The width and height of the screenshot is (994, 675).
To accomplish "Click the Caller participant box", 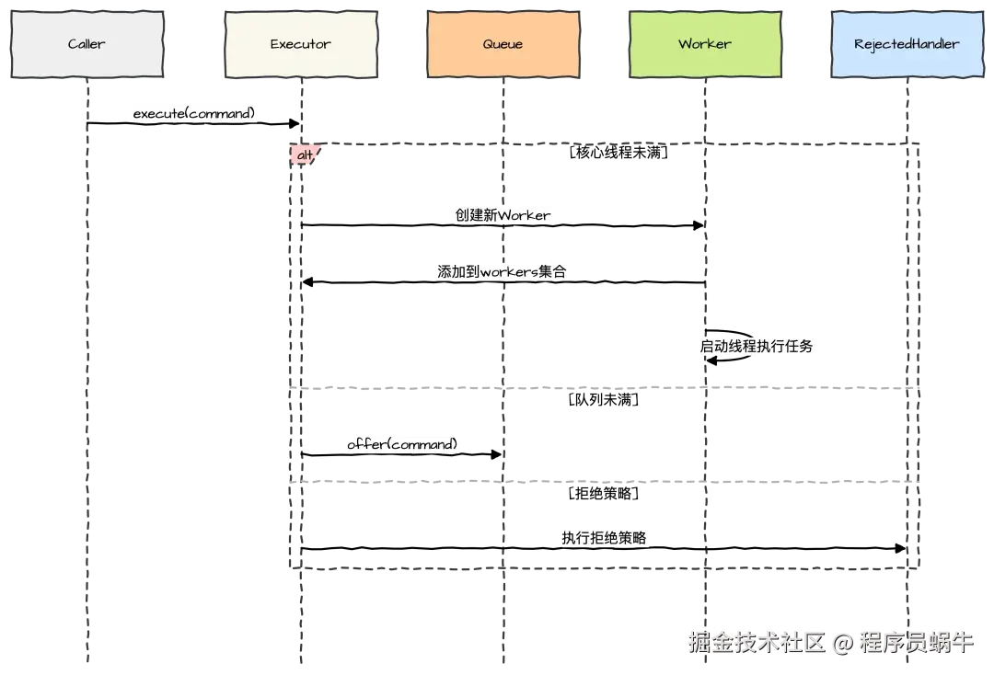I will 88,44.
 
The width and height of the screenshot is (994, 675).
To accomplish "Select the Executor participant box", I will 300,44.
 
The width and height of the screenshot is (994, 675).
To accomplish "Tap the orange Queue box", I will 503,44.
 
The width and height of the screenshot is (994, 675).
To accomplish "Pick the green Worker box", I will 704,44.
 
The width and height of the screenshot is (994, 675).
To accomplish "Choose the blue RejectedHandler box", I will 907,44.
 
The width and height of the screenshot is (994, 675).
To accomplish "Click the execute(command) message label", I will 194,114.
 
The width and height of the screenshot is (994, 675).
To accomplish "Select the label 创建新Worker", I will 503,215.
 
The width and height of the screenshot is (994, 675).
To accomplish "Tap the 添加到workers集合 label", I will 504,271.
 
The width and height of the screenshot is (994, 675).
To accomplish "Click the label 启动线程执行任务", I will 757,347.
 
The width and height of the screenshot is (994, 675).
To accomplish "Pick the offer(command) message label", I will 402,444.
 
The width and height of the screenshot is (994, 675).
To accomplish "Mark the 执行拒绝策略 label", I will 608,538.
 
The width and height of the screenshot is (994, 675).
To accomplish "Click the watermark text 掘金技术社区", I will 755,642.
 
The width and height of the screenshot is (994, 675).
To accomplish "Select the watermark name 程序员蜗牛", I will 915,642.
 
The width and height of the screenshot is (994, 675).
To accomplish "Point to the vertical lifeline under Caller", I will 88,368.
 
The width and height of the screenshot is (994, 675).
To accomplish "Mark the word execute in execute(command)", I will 158,114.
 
